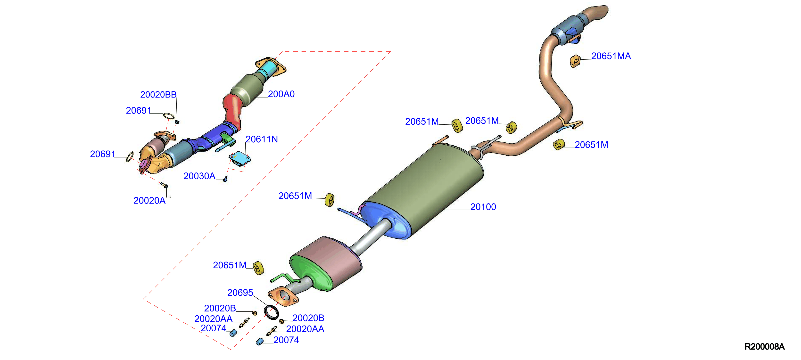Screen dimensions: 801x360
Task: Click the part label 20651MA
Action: [x=611, y=56]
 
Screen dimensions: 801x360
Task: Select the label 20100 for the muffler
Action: [x=483, y=207]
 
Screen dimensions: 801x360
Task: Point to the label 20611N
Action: [x=262, y=139]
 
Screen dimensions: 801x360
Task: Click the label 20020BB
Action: [x=158, y=95]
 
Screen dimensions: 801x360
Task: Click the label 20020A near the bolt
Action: [x=149, y=201]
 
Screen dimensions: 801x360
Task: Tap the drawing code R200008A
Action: [x=764, y=347]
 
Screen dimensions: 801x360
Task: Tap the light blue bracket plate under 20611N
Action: [x=240, y=158]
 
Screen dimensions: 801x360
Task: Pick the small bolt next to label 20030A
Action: [x=225, y=179]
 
